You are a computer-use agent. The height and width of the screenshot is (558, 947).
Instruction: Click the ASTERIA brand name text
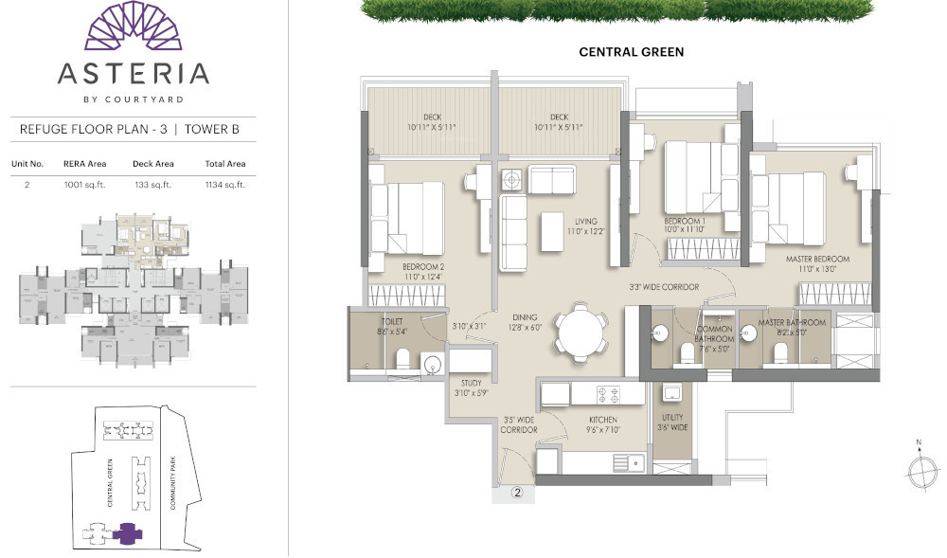click(133, 74)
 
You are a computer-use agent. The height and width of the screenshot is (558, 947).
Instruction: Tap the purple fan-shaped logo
click(133, 27)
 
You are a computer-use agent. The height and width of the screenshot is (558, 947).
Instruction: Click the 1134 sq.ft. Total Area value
click(224, 185)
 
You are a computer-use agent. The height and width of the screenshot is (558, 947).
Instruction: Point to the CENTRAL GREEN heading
click(631, 52)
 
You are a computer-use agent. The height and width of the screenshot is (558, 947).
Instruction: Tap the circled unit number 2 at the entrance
click(518, 493)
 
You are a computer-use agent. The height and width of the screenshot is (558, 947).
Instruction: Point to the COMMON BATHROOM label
click(714, 333)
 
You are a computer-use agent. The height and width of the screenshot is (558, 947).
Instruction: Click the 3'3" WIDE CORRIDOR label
click(664, 286)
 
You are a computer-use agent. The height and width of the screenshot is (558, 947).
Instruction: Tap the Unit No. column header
click(27, 164)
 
